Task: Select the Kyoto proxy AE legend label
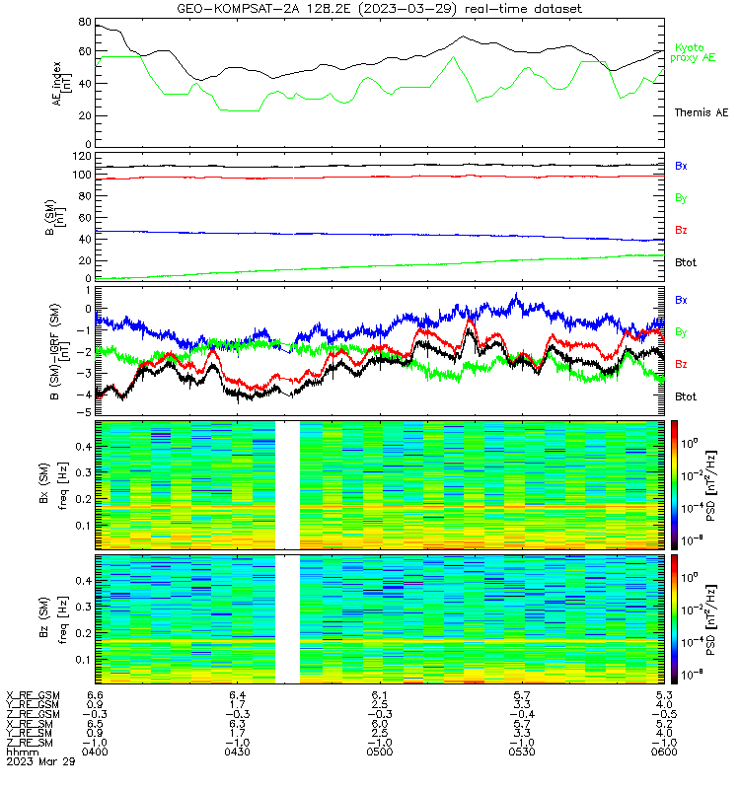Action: [x=693, y=53]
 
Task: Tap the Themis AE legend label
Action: [x=702, y=112]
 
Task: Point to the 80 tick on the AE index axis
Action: [x=85, y=22]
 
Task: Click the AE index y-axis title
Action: [x=62, y=84]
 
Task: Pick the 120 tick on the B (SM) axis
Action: [x=82, y=157]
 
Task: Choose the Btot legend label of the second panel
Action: [x=686, y=262]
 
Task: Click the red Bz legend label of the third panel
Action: [x=681, y=364]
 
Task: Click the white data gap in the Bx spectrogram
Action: [x=287, y=485]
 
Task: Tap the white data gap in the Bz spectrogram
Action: [x=287, y=619]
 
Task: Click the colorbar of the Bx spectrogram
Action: [x=674, y=485]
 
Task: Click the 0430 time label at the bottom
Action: [x=237, y=752]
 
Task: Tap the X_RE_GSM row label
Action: [x=34, y=695]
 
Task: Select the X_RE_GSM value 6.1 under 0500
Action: [x=380, y=695]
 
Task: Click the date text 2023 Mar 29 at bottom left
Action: [x=40, y=761]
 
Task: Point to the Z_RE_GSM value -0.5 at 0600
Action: [x=664, y=714]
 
